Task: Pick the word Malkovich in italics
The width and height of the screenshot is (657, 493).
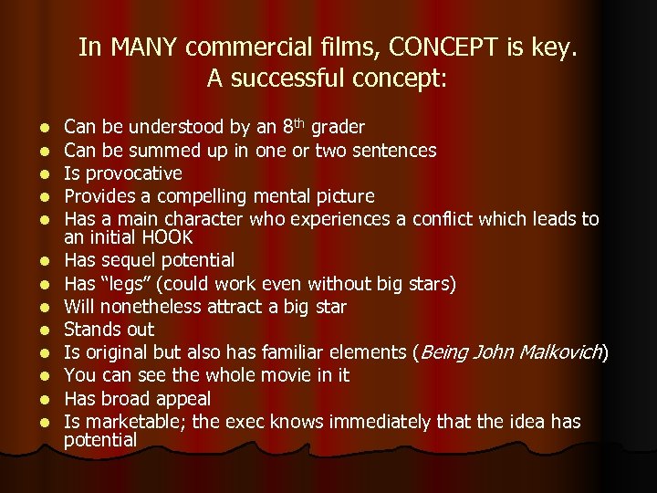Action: tap(555, 352)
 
